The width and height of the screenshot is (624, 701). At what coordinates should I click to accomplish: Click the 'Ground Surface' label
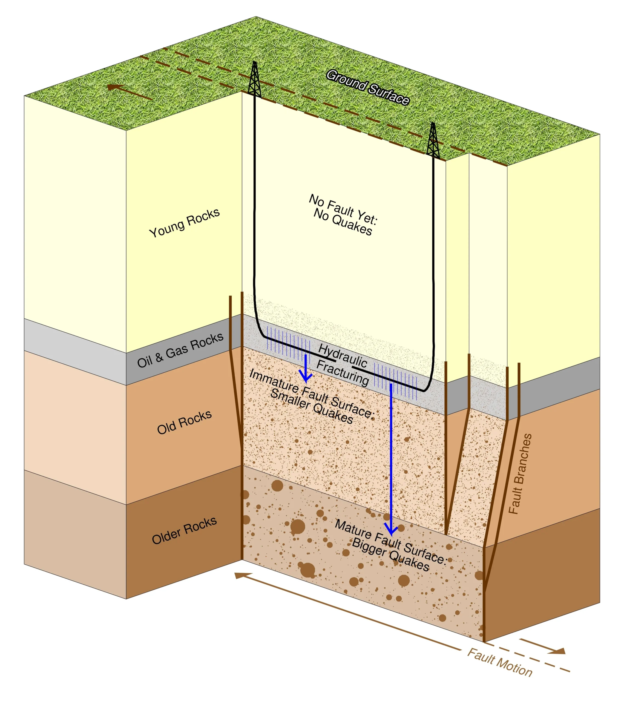367,87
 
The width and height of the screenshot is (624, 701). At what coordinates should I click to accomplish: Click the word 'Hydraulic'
343,355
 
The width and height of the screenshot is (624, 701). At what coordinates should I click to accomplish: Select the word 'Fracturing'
343,372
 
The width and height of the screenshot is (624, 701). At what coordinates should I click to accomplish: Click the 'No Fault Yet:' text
343,209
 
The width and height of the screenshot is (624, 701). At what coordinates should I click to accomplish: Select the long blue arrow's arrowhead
391,530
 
